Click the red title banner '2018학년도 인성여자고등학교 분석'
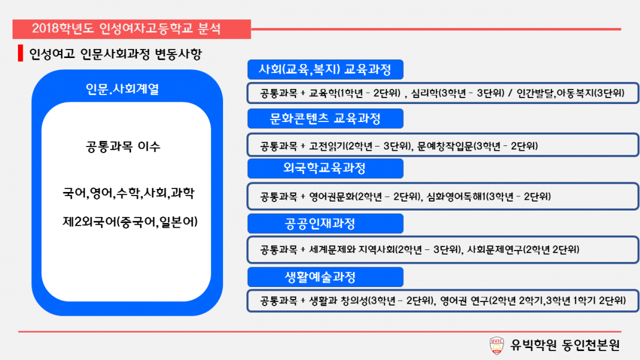(132, 29)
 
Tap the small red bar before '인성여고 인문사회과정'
(20, 53)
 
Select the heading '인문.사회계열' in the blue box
(123, 89)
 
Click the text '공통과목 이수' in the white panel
(123, 146)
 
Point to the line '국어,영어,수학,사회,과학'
(128, 193)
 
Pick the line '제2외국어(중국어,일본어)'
(130, 222)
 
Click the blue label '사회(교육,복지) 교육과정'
(325, 69)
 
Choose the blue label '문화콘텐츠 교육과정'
(325, 118)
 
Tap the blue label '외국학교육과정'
(325, 168)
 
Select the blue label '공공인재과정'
(325, 223)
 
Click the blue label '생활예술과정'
(325, 277)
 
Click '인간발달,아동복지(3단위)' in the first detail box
(571, 93)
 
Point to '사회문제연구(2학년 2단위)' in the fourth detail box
(523, 249)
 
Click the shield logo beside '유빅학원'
(496, 345)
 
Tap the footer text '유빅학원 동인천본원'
(565, 345)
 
